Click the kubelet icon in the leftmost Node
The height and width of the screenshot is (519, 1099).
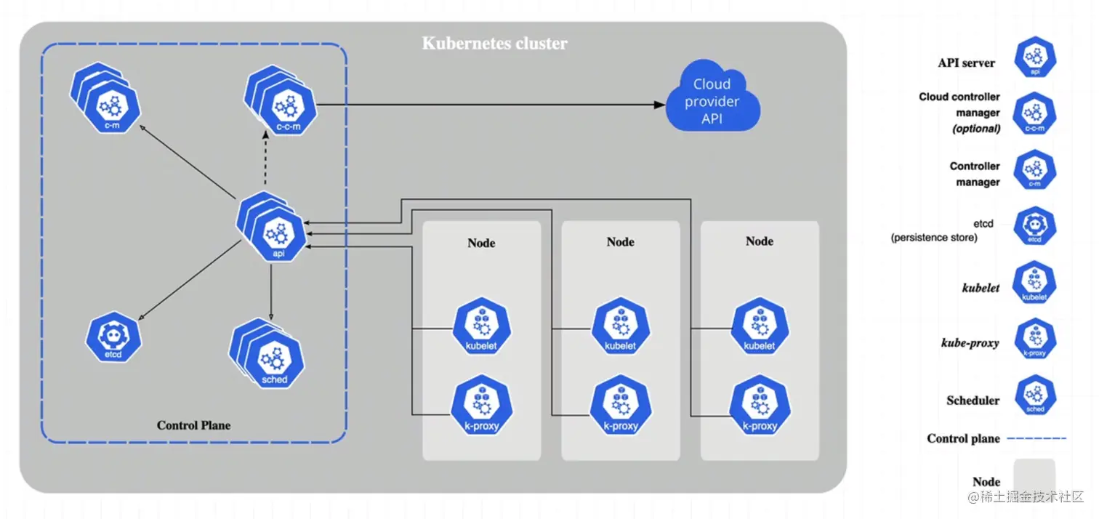click(x=481, y=329)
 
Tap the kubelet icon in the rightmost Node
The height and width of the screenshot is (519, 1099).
click(x=760, y=329)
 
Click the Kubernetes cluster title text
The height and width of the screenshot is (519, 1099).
click(x=494, y=44)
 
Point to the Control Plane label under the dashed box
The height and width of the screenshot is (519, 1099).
click(x=193, y=425)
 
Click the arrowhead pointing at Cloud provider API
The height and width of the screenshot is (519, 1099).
click(x=659, y=105)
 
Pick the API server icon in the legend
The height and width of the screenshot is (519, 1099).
click(x=1034, y=57)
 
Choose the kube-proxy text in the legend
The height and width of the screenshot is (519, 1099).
click(x=970, y=343)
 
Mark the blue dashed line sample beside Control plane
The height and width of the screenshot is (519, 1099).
click(x=1035, y=438)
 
